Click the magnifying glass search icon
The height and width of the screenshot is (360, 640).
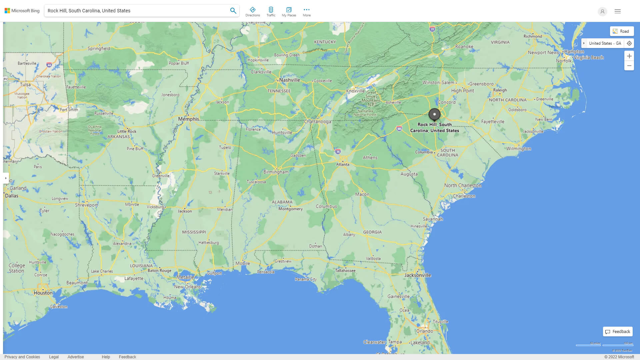click(x=233, y=11)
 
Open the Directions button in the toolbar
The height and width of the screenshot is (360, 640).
click(x=252, y=12)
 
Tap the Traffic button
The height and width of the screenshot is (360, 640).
click(x=271, y=12)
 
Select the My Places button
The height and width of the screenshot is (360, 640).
click(x=289, y=12)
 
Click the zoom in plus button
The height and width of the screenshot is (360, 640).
click(x=629, y=56)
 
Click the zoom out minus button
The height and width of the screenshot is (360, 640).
click(x=629, y=66)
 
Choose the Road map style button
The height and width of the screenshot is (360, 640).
click(x=622, y=31)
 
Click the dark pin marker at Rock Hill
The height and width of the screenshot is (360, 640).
click(x=434, y=114)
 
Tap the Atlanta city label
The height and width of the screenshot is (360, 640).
click(x=343, y=164)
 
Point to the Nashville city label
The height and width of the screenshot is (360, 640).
click(x=289, y=80)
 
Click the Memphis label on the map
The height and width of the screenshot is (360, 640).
click(x=188, y=119)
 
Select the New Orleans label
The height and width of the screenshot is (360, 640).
click(x=187, y=287)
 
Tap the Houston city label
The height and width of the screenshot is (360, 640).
click(x=43, y=293)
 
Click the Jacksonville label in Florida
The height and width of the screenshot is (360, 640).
click(x=418, y=275)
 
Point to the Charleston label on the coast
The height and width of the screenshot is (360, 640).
click(x=464, y=196)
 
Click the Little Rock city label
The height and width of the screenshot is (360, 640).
click(x=127, y=131)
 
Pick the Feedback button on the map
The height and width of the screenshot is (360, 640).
click(x=618, y=332)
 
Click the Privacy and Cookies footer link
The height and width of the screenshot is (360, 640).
click(x=22, y=357)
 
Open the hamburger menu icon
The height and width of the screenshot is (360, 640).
click(x=618, y=11)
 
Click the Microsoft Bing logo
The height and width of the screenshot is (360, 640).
click(x=22, y=11)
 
